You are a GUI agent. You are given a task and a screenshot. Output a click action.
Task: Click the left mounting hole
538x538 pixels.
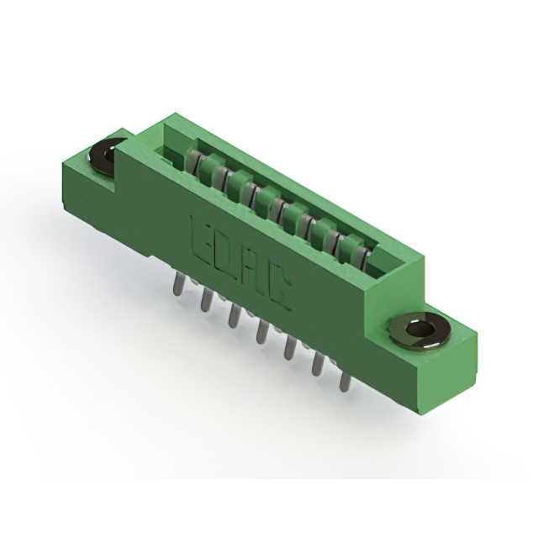coord(105,156)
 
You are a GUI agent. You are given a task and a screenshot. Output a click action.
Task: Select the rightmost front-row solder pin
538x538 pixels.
coord(344,380)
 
